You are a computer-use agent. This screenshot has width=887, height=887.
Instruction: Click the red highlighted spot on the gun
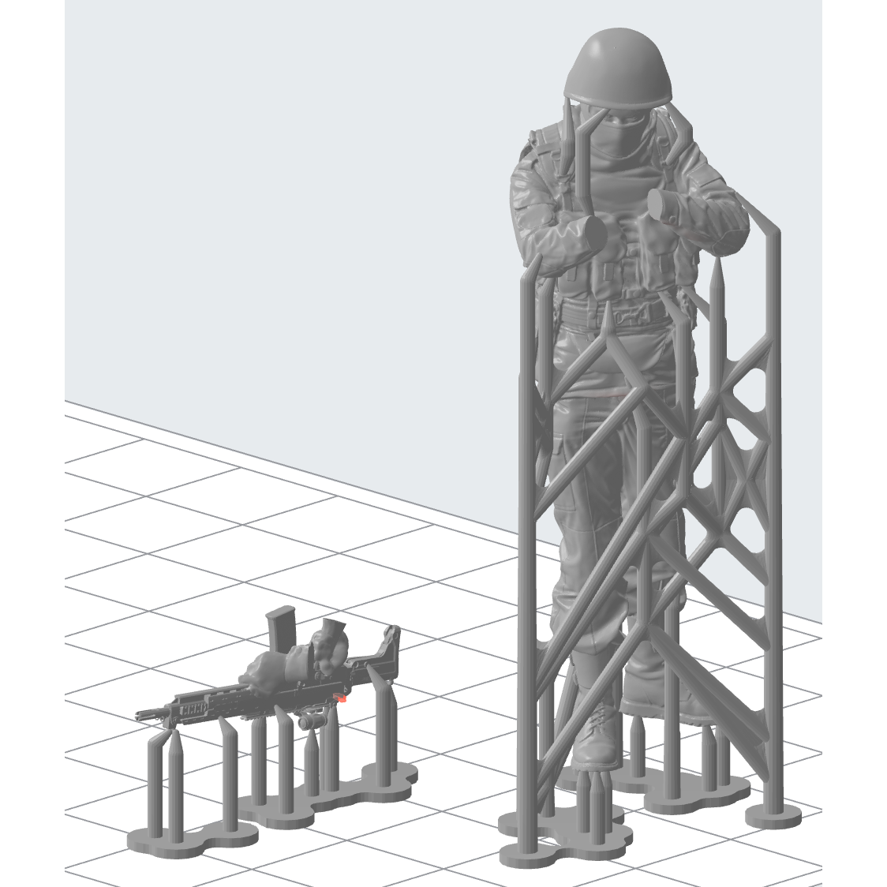tap(342, 697)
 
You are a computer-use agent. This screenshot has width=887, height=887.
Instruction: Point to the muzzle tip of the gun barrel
tap(140, 715)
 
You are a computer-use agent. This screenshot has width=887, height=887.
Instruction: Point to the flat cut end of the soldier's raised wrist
tap(660, 201)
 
